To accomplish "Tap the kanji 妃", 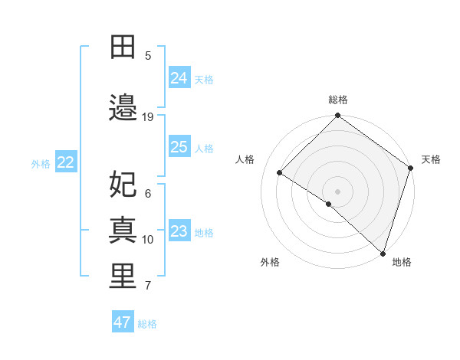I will pyautogui.click(x=123, y=184).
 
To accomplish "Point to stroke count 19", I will pyautogui.click(x=148, y=117).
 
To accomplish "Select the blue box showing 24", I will pyautogui.click(x=179, y=77).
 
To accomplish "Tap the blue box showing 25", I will pyautogui.click(x=179, y=146).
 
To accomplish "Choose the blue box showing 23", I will pyautogui.click(x=179, y=231).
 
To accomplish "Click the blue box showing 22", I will pyautogui.click(x=66, y=162).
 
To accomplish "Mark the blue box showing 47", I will pyautogui.click(x=123, y=322).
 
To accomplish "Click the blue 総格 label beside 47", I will pyautogui.click(x=147, y=324).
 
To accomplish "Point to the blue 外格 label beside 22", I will pyautogui.click(x=41, y=163).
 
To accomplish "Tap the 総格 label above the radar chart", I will pyautogui.click(x=338, y=100).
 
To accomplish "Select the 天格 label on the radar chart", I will pyautogui.click(x=431, y=159).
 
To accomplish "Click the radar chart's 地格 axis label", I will pyautogui.click(x=402, y=262).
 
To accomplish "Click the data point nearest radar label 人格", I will pyautogui.click(x=280, y=172).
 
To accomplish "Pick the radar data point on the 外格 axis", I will pyautogui.click(x=329, y=204).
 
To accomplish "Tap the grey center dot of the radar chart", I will pyautogui.click(x=337, y=191).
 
